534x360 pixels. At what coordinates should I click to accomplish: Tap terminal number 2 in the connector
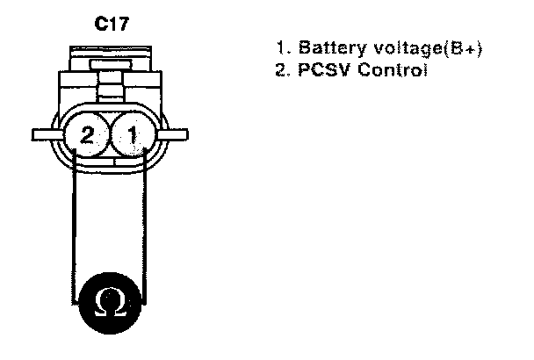86,135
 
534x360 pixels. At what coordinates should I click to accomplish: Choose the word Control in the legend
389,69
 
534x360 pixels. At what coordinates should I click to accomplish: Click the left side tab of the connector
44,135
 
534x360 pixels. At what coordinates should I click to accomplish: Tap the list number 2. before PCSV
281,69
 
